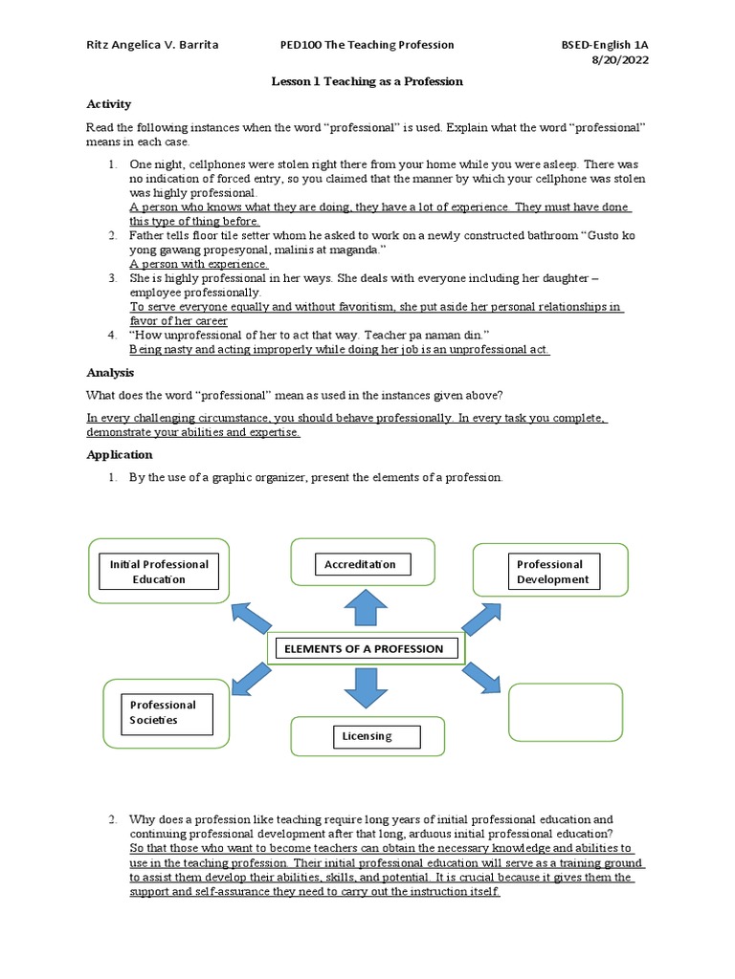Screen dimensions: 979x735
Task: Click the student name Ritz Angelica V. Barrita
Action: click(152, 45)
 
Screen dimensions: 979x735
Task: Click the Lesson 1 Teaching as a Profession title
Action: click(367, 81)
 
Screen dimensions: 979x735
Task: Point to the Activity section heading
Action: click(108, 103)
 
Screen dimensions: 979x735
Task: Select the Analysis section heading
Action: click(110, 373)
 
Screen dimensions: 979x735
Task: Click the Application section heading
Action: click(120, 455)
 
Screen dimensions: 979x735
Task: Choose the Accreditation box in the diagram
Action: click(363, 565)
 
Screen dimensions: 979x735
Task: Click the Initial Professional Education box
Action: click(160, 572)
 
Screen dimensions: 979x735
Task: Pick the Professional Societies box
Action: click(160, 712)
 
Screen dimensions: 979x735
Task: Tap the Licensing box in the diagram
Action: click(367, 736)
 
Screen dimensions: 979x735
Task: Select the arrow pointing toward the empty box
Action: click(481, 677)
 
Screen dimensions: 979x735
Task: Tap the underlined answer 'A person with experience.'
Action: click(199, 264)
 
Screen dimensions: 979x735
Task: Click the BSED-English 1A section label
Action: click(610, 45)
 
